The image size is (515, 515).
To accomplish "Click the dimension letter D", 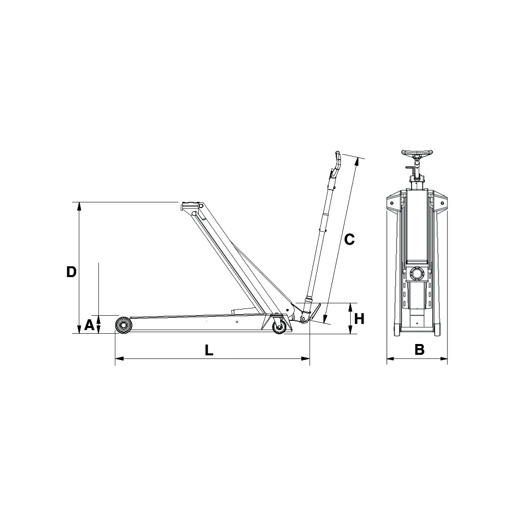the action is tap(72, 271).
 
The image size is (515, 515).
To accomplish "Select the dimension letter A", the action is tap(89, 325).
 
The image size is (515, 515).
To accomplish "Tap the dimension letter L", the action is tap(209, 350).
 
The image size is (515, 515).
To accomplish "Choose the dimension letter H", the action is tap(359, 318).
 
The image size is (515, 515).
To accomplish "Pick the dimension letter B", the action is tap(419, 350).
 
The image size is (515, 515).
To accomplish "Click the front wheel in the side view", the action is tap(124, 325).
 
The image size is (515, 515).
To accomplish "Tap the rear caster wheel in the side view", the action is tap(279, 328).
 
